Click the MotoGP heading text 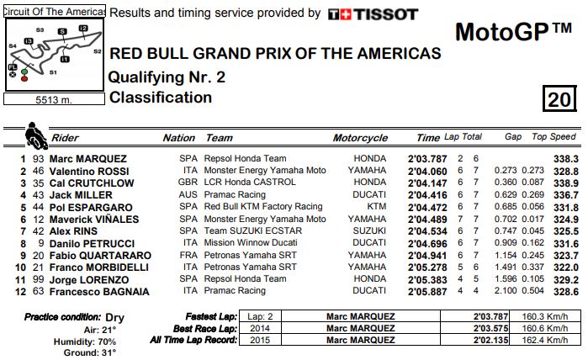(x=513, y=33)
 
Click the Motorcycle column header (x=360, y=138)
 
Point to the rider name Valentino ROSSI (x=89, y=171)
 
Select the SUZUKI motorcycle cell (x=369, y=231)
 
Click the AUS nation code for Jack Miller (x=188, y=195)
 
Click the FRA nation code (x=188, y=256)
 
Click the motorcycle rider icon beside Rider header (x=36, y=135)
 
